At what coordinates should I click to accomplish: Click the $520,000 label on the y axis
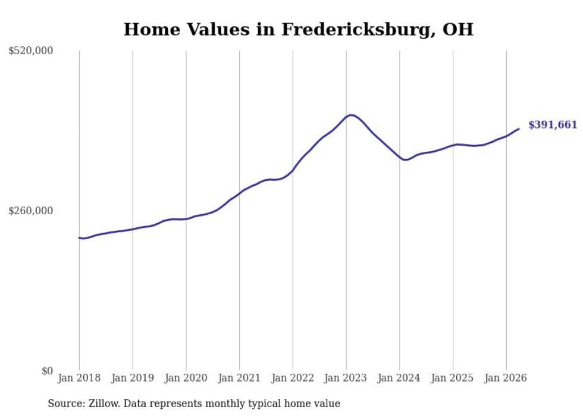point(31,51)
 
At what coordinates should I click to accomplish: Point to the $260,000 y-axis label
point(31,211)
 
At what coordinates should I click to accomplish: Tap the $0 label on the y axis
point(47,371)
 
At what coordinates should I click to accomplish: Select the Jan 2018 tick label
point(79,378)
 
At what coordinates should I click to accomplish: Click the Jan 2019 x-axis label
point(133,378)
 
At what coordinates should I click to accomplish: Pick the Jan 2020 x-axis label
point(186,378)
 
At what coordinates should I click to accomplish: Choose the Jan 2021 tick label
point(239,378)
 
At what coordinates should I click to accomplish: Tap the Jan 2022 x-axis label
point(293,378)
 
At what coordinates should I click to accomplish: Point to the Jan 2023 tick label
point(346,378)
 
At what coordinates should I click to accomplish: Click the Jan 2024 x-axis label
point(399,378)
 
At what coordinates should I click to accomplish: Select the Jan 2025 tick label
point(453,378)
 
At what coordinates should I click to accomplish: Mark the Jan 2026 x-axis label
point(506,378)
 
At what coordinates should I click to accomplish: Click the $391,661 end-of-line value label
point(553,125)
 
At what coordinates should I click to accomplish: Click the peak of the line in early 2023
point(350,115)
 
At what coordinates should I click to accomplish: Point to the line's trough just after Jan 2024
point(406,160)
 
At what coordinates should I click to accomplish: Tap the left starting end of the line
point(79,238)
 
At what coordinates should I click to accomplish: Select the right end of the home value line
point(519,129)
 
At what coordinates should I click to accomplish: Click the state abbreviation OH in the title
point(458,29)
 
